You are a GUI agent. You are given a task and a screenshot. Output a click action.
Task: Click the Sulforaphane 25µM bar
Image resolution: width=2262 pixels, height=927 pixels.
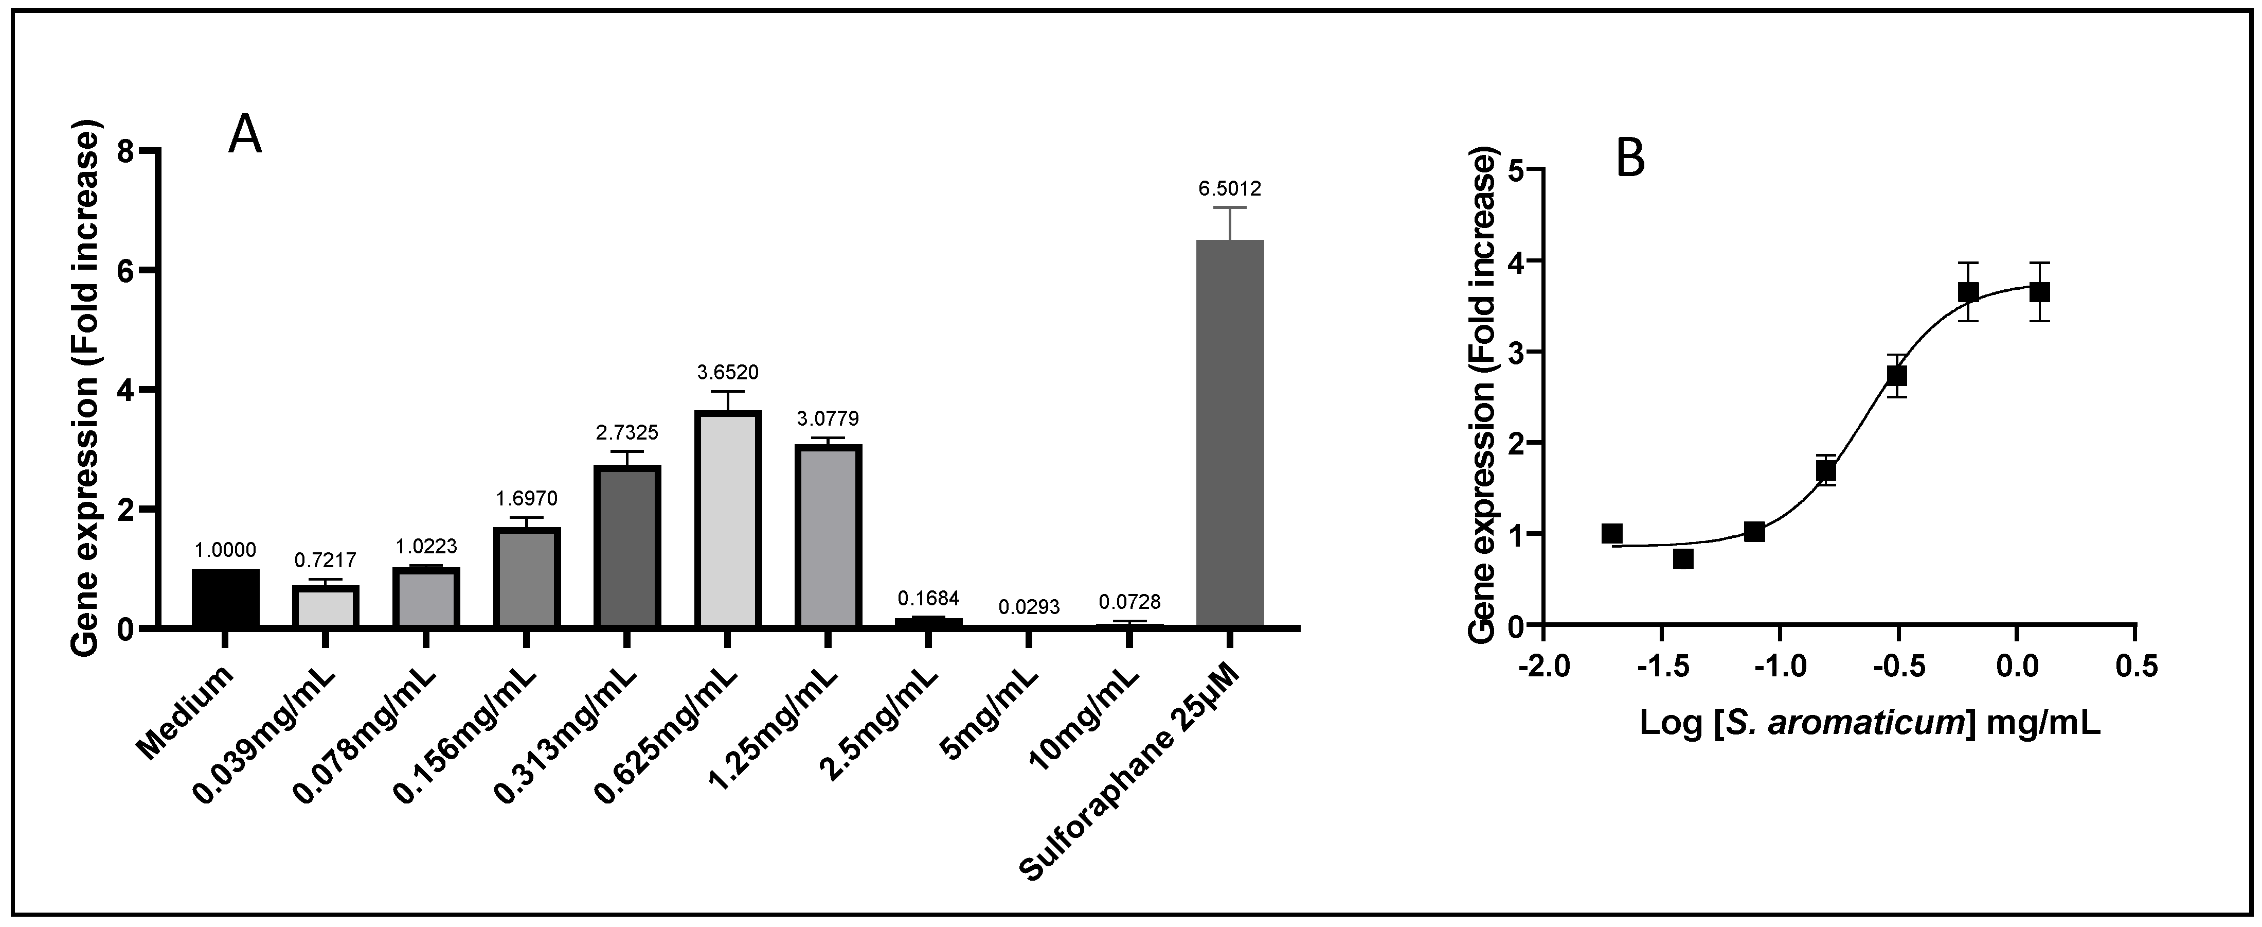tap(1230, 433)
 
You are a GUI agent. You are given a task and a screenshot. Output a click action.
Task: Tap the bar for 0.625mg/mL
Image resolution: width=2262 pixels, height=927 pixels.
tap(728, 518)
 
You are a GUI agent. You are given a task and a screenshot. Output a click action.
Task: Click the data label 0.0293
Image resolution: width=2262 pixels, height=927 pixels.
tap(1029, 607)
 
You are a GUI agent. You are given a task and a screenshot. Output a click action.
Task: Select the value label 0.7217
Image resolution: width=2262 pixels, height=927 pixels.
tap(325, 559)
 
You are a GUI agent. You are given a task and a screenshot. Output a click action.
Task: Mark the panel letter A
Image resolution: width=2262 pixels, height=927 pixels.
tap(245, 136)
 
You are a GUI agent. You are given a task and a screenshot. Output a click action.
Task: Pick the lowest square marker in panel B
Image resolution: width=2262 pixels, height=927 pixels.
tap(1682, 559)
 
